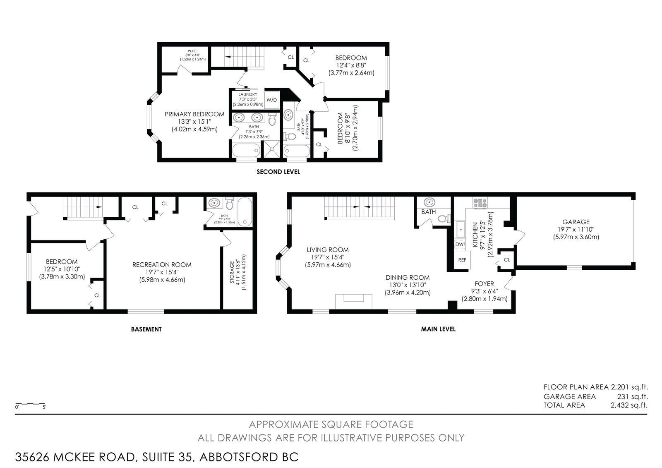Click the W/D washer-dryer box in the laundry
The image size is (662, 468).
(271, 100)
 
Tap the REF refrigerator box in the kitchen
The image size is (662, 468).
(462, 260)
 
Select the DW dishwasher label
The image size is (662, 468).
(459, 245)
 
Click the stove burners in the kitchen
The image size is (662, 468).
(480, 202)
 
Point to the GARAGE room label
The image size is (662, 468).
(576, 222)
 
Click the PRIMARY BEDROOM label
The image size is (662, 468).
(194, 114)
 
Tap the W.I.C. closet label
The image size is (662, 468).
(192, 51)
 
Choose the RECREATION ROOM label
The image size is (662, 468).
(162, 264)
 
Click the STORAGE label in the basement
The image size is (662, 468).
(232, 272)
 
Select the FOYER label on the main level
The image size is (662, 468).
(484, 283)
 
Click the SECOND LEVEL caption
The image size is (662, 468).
(278, 172)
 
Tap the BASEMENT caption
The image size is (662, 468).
(146, 329)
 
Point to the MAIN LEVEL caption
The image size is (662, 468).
(438, 329)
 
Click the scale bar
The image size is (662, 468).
(31, 403)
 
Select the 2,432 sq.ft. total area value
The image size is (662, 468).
(629, 405)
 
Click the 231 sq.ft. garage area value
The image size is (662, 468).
(632, 396)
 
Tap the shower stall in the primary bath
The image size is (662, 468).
(271, 149)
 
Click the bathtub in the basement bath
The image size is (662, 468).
(245, 212)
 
